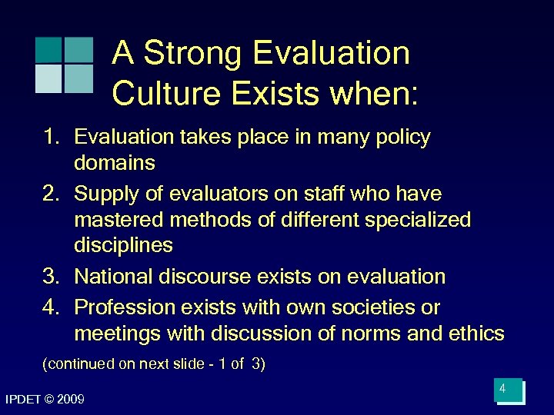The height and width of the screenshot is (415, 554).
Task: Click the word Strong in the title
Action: point(192,54)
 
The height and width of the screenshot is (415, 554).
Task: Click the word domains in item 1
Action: point(115,163)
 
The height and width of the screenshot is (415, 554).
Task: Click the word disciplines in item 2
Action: point(123,245)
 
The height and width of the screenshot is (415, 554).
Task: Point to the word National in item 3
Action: point(113,277)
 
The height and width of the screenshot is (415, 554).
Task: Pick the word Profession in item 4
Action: point(125,307)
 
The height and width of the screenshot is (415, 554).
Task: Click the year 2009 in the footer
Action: point(70,400)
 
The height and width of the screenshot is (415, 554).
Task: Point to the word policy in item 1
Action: point(403,138)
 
